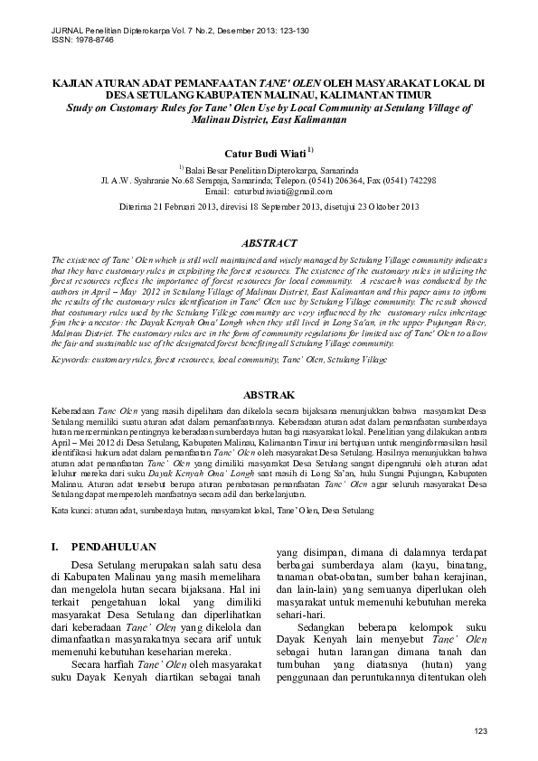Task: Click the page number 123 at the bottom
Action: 481,730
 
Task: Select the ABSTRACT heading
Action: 269,243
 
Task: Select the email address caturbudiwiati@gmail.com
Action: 283,192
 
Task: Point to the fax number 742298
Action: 419,181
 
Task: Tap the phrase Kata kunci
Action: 72,511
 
